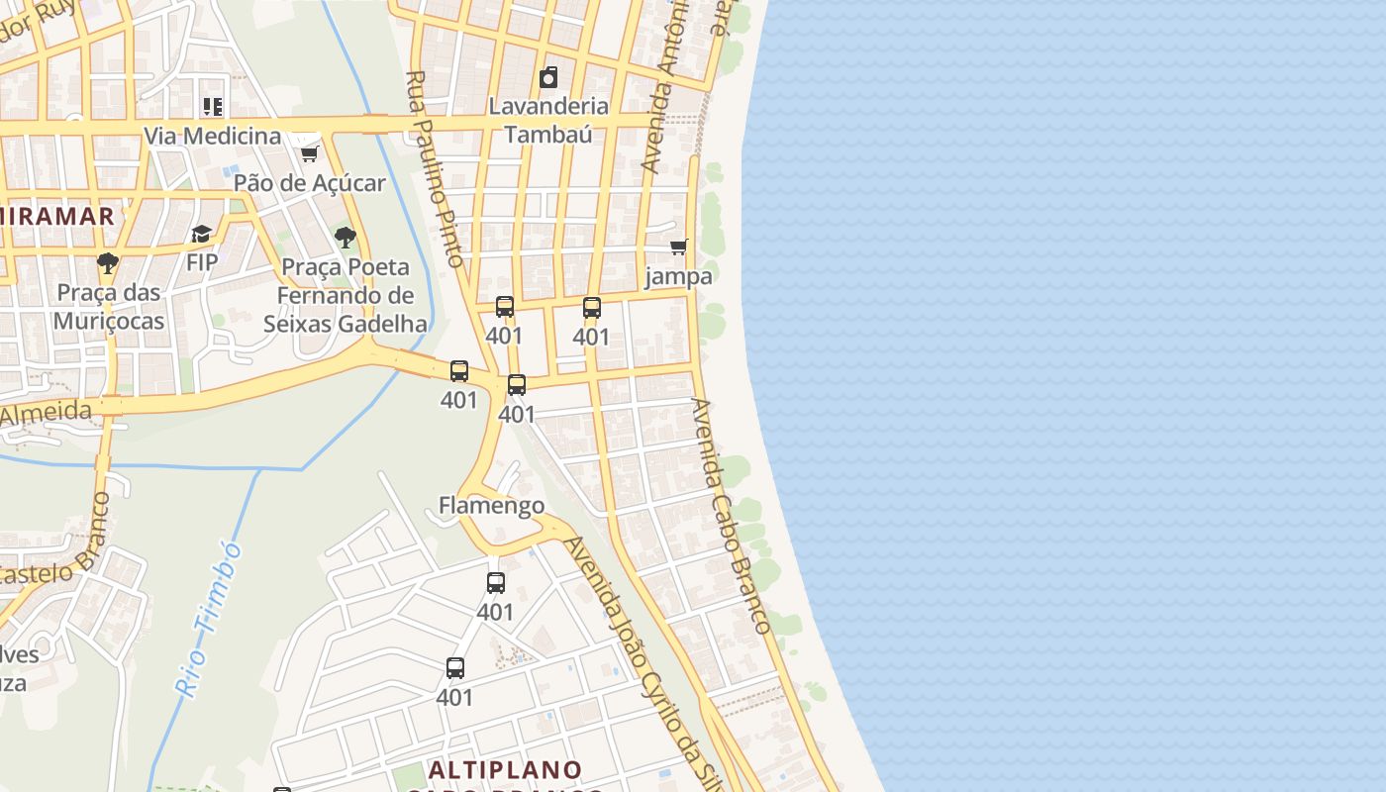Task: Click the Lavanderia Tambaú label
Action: click(x=548, y=119)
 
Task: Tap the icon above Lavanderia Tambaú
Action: click(x=548, y=77)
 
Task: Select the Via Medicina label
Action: click(x=213, y=136)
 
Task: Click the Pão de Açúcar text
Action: click(x=309, y=183)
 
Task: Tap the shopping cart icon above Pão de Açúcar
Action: click(x=309, y=153)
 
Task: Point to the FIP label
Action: click(x=202, y=262)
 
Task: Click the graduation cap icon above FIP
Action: click(x=202, y=235)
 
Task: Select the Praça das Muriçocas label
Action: click(x=109, y=307)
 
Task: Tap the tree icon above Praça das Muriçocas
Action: click(x=108, y=263)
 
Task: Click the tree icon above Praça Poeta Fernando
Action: click(x=346, y=238)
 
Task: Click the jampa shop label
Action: click(x=678, y=276)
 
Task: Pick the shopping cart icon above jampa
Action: click(x=678, y=247)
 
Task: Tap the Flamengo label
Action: click(x=491, y=506)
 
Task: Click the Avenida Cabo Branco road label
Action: click(x=731, y=515)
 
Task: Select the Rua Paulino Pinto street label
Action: click(x=436, y=168)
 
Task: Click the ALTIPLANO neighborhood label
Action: click(x=505, y=769)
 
